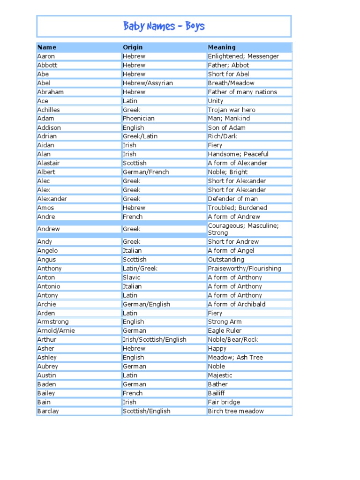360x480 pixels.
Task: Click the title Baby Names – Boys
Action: point(164,26)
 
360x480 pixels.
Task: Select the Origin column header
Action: point(133,47)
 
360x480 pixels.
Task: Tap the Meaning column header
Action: point(222,47)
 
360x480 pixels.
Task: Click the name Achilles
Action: point(49,110)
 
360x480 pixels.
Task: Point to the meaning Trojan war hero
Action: point(232,110)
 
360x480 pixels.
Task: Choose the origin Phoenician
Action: point(139,119)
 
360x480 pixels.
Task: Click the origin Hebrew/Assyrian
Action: point(148,83)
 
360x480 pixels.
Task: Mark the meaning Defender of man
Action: point(233,199)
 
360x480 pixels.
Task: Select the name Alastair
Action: point(49,163)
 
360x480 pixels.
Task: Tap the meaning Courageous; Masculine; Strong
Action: point(243,229)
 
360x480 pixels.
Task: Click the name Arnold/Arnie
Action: point(56,330)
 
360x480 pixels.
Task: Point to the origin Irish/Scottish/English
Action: point(154,339)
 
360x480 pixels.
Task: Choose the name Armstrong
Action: point(53,322)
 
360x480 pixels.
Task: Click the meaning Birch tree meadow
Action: point(236,411)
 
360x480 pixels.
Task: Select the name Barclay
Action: point(48,411)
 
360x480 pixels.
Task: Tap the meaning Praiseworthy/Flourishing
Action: point(244,268)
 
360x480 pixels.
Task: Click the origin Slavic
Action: point(132,277)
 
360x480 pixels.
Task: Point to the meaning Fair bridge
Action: point(224,402)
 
